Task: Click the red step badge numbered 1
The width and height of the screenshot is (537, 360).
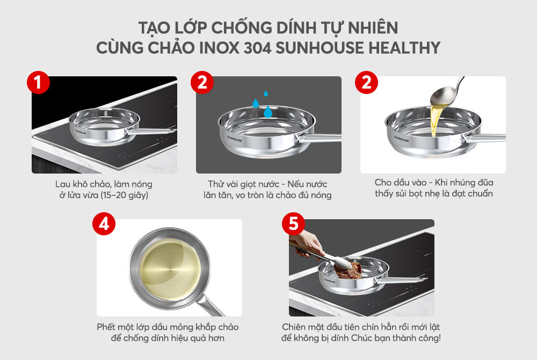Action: pyautogui.click(x=38, y=84)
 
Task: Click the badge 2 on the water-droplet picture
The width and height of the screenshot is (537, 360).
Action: pyautogui.click(x=202, y=84)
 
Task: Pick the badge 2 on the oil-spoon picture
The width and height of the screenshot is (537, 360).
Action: pyautogui.click(x=366, y=84)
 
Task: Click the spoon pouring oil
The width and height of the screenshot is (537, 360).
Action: pyautogui.click(x=451, y=91)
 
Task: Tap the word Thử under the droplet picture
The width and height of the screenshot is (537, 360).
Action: pyautogui.click(x=217, y=184)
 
